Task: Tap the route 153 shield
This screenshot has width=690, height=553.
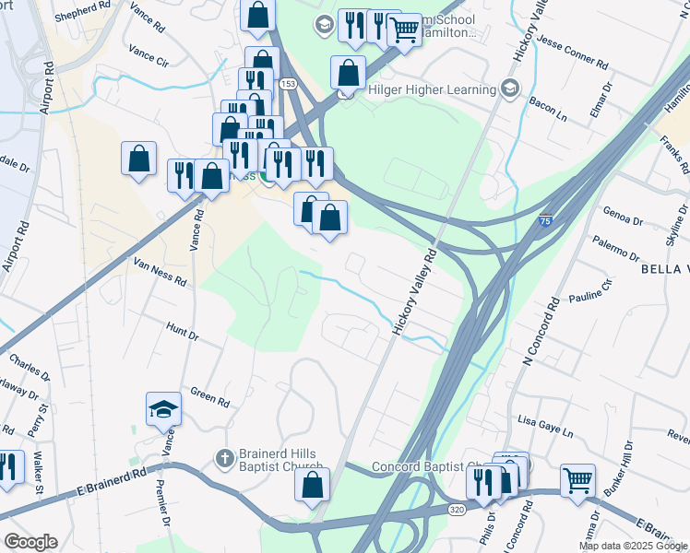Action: coord(290,84)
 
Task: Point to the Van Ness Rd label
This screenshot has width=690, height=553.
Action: coord(160,270)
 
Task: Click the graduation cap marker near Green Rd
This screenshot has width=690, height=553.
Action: coord(164,409)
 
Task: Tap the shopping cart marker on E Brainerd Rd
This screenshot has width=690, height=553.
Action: coord(577,479)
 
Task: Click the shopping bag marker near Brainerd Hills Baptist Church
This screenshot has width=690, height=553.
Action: coord(313,485)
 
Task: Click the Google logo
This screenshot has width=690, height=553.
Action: coord(30,542)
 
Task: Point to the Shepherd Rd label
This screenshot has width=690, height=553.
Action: coord(82,16)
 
